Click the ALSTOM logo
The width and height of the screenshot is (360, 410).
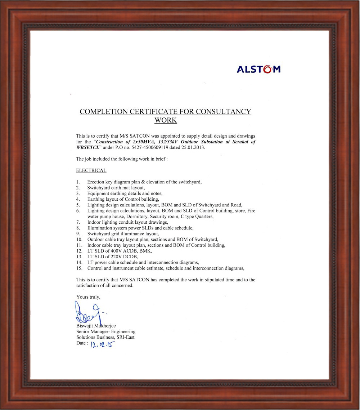click(258, 69)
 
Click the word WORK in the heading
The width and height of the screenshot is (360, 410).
click(166, 120)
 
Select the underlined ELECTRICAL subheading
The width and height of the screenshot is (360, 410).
click(91, 170)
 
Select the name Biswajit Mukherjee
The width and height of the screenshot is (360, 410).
click(96, 326)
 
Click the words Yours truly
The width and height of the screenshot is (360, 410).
click(88, 297)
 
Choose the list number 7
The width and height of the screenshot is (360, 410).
click(78, 222)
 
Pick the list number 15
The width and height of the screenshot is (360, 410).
click(79, 268)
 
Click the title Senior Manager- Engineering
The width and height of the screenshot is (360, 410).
click(106, 331)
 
